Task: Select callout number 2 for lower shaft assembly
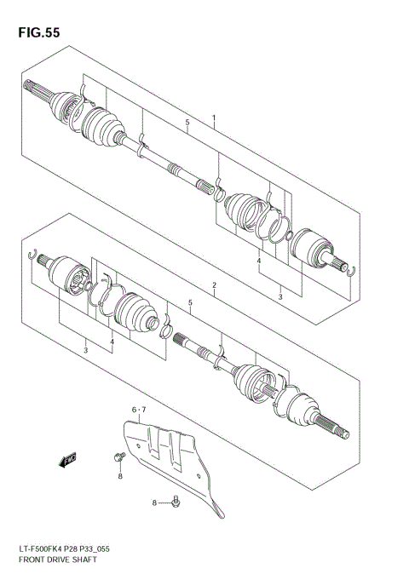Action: point(214,284)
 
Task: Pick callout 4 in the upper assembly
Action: point(259,261)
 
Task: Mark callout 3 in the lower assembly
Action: point(85,350)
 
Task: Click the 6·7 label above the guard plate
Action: point(138,411)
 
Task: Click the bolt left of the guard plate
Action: point(118,459)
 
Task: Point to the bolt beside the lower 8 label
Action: point(176,502)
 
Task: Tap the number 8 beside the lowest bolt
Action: point(156,503)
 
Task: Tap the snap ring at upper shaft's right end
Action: point(351,273)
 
